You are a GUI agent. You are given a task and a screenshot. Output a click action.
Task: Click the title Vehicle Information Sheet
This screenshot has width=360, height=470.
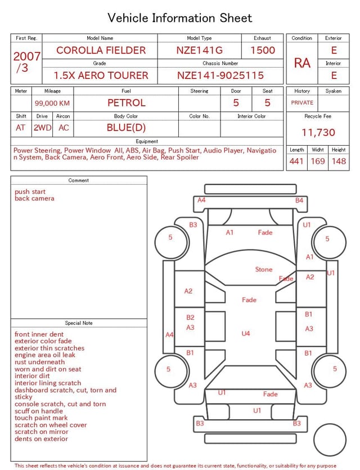(180, 18)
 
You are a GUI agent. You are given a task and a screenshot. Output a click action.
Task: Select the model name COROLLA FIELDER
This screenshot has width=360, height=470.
(101, 50)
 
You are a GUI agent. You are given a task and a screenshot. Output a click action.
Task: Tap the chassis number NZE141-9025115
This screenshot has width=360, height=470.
(220, 75)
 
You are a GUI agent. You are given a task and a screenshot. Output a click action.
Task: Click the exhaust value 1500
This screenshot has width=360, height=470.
(263, 50)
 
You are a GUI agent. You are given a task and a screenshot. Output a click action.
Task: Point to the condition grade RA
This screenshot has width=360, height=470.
(302, 63)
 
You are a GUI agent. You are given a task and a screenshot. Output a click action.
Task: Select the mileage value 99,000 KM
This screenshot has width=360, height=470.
(52, 103)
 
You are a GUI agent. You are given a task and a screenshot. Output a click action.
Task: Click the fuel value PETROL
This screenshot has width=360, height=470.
(127, 102)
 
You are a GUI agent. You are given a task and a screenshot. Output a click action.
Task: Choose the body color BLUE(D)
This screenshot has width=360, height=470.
(127, 127)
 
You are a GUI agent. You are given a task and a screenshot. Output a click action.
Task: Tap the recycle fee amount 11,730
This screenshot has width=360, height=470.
(318, 133)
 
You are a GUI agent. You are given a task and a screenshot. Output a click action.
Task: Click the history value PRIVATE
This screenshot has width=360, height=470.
(302, 103)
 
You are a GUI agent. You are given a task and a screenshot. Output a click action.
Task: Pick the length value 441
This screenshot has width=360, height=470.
(296, 162)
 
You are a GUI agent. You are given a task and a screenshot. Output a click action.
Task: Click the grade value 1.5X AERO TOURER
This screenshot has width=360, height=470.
(101, 75)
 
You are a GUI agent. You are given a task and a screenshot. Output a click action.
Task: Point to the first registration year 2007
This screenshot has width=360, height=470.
(26, 56)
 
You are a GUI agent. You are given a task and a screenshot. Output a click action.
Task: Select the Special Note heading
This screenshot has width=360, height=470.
(79, 323)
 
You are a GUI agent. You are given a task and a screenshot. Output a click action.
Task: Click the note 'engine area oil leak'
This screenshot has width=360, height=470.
(45, 355)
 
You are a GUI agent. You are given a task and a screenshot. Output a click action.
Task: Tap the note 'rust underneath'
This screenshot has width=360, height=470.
(40, 362)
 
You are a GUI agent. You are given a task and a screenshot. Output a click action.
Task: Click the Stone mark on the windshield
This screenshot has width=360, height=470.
(263, 270)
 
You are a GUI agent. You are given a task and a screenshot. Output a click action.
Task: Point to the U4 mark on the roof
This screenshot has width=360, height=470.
(246, 334)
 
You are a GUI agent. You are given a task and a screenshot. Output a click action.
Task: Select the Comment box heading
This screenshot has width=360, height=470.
(79, 181)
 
